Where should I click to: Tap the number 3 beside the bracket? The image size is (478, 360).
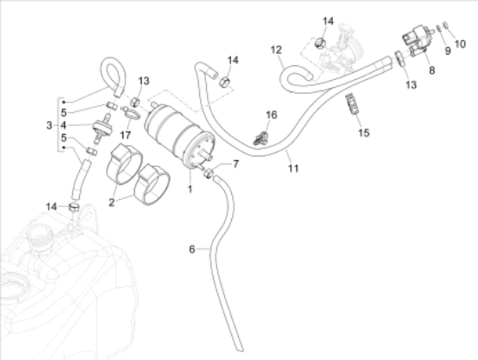[50, 126]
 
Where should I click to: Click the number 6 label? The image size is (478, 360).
[193, 250]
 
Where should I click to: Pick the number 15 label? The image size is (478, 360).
[363, 132]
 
